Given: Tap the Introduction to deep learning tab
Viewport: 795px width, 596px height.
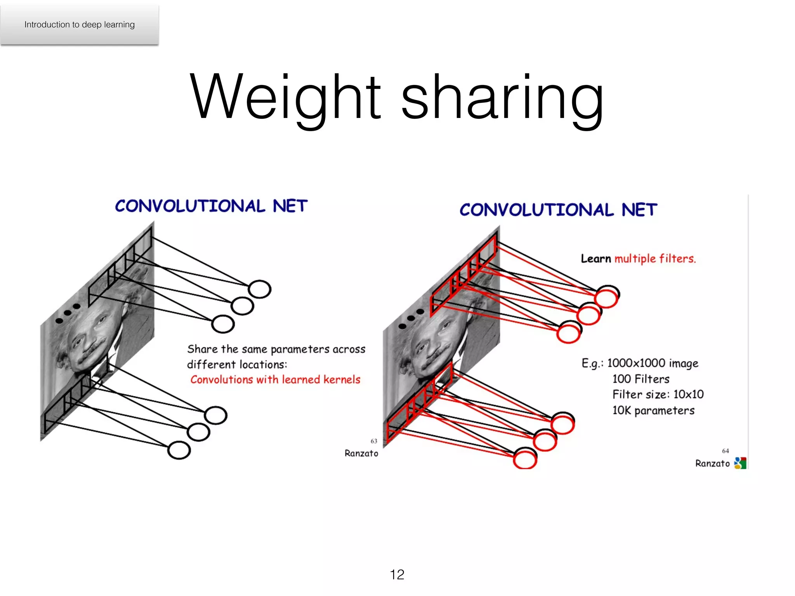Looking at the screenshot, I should pyautogui.click(x=80, y=24).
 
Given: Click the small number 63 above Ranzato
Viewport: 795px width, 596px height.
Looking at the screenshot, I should pyautogui.click(x=374, y=441).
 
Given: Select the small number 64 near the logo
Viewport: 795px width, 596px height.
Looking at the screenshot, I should pyautogui.click(x=725, y=451).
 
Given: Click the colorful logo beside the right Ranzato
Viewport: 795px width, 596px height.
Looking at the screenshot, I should pyautogui.click(x=740, y=463).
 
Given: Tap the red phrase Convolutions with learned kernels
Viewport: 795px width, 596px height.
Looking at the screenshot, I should pyautogui.click(x=275, y=379).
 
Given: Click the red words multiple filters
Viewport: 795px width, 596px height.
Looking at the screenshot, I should pyautogui.click(x=655, y=258).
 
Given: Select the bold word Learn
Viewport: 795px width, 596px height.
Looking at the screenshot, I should pyautogui.click(x=596, y=258).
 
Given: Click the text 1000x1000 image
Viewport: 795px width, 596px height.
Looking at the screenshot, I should pyautogui.click(x=653, y=363).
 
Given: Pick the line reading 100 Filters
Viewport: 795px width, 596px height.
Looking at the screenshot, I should pyautogui.click(x=641, y=379).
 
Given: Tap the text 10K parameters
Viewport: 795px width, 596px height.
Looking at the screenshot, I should pyautogui.click(x=653, y=411).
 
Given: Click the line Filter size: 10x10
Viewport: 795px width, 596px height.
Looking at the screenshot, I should pyautogui.click(x=658, y=395).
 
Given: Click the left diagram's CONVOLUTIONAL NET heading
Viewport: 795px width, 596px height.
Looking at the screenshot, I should pyautogui.click(x=211, y=206).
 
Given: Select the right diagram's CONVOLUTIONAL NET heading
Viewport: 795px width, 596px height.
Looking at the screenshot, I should pyautogui.click(x=558, y=210).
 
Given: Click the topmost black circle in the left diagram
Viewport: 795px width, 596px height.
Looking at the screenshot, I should pyautogui.click(x=260, y=289).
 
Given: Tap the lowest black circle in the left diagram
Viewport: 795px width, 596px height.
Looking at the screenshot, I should pyautogui.click(x=179, y=450).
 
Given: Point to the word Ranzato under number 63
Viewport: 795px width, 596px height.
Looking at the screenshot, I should pyautogui.click(x=361, y=453).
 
